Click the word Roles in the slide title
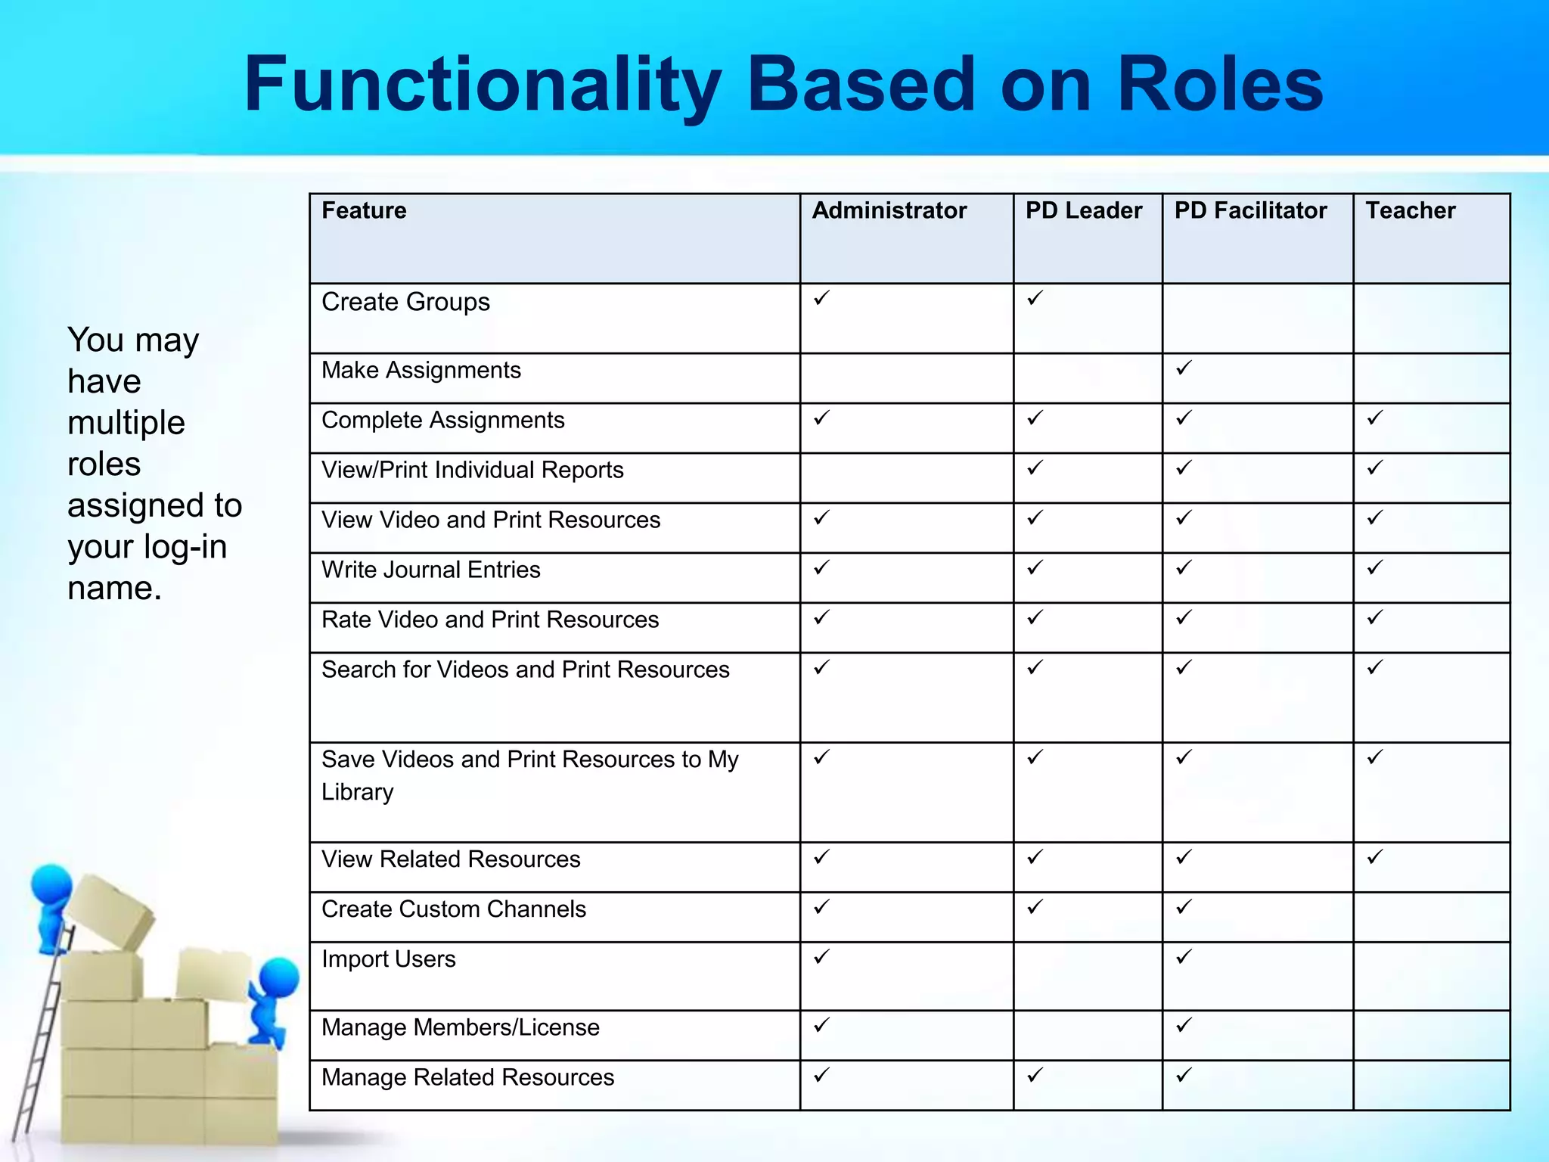[1219, 85]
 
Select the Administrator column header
[889, 210]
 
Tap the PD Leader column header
[1083, 210]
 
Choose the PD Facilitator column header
[1250, 210]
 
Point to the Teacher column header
[1410, 210]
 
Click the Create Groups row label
[405, 302]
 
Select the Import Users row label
[388, 959]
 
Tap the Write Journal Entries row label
[430, 570]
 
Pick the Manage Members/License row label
[460, 1027]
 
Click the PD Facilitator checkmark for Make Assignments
[1184, 368]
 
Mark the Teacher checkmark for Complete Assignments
[1374, 418]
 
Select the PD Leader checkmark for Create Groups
[1035, 298]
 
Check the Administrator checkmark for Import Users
[821, 957]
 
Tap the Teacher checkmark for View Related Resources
[1374, 857]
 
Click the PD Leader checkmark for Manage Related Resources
[1035, 1074]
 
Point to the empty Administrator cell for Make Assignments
[906, 378]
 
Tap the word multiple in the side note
[126, 423]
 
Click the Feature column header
[364, 210]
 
